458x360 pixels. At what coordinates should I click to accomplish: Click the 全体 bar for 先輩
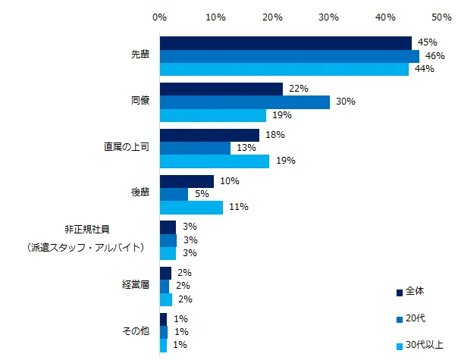pos(285,43)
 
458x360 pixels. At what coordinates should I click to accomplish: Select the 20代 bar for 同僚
pos(244,102)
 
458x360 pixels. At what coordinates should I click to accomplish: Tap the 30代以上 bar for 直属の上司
pos(214,161)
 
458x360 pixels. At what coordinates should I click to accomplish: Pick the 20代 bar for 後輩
pos(174,194)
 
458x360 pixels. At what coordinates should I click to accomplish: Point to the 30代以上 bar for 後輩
pos(191,207)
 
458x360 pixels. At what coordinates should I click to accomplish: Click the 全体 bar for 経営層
pos(165,273)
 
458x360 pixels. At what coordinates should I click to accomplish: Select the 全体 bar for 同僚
pos(221,89)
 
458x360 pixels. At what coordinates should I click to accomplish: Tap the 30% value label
pos(345,102)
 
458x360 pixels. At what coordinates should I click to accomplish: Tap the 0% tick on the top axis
pos(160,15)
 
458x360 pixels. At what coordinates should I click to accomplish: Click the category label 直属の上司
pos(127,147)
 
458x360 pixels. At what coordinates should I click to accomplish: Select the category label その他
pos(136,331)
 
